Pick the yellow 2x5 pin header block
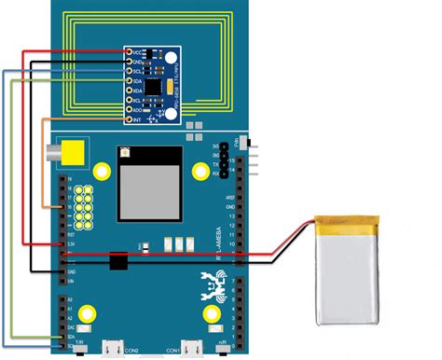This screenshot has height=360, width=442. point(86,208)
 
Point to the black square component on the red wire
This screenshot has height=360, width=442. point(117,262)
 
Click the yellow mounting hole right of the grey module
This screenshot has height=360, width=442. point(200,171)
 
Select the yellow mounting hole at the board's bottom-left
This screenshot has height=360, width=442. point(87,314)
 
